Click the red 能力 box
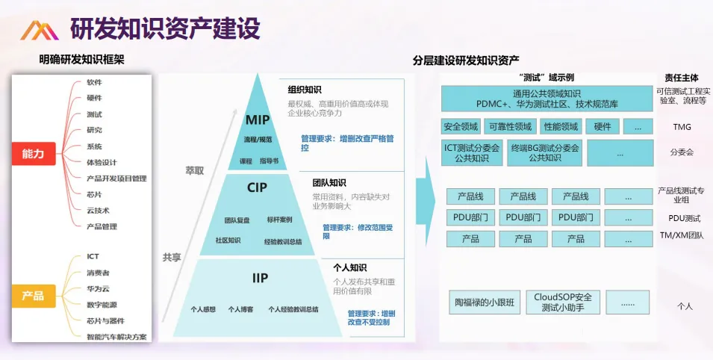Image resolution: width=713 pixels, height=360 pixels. tap(34, 153)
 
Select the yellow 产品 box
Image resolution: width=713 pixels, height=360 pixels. tap(33, 296)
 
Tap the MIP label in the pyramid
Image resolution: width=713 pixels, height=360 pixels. tap(258, 120)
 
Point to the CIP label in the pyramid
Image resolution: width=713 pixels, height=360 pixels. tap(258, 187)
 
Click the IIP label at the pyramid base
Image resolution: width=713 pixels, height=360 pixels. tap(259, 278)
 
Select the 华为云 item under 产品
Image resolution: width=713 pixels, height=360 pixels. tap(98, 288)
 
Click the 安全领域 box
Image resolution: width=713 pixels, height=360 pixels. tap(460, 127)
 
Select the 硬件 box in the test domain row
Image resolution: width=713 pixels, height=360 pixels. tap(602, 127)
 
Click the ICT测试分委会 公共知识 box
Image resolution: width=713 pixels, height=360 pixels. tap(472, 152)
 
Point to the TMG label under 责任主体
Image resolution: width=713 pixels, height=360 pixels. tap(682, 127)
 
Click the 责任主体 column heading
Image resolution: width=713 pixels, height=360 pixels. tap(682, 78)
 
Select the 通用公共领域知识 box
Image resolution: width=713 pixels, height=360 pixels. tap(547, 99)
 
